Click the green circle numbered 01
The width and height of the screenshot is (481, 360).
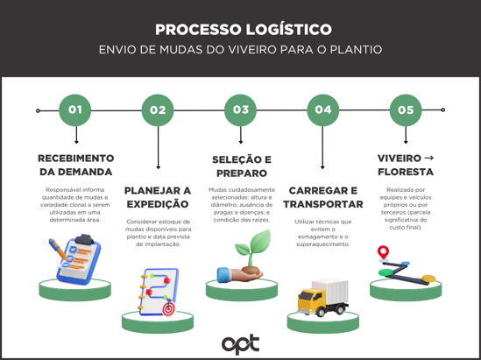(74, 110)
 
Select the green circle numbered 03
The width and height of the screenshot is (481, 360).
(240, 110)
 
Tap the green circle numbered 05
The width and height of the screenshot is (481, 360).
(406, 110)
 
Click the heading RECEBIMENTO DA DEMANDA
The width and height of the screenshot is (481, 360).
(75, 165)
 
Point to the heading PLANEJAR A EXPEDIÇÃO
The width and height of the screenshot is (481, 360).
(158, 197)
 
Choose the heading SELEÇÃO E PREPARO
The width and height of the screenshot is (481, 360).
(242, 166)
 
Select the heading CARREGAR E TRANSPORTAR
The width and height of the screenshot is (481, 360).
(323, 197)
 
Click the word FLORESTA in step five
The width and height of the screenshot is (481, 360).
(406, 172)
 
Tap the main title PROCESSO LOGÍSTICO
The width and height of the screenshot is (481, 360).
(244, 30)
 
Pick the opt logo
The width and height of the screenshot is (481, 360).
(240, 344)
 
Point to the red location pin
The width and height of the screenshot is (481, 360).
(383, 252)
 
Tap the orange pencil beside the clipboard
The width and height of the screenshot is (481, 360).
(58, 249)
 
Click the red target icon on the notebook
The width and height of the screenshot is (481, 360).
(168, 309)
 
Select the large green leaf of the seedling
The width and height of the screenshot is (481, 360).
(261, 241)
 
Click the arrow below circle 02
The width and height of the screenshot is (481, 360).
(158, 147)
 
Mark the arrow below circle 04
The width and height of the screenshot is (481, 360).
(322, 147)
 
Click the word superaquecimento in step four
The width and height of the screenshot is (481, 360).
(322, 244)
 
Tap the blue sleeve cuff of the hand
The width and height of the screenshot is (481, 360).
(223, 274)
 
